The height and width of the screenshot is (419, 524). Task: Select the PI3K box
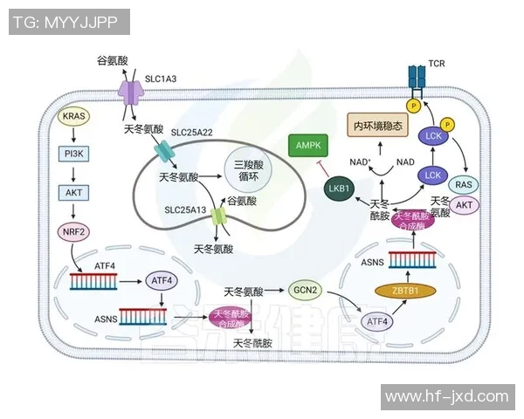click(74, 155)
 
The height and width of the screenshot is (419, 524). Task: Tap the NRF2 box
click(74, 232)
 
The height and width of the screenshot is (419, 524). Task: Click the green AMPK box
click(309, 146)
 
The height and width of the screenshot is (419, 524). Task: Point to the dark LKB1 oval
click(340, 187)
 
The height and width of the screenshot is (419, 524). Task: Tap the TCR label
click(437, 65)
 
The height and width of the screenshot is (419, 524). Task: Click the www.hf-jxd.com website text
click(446, 396)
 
